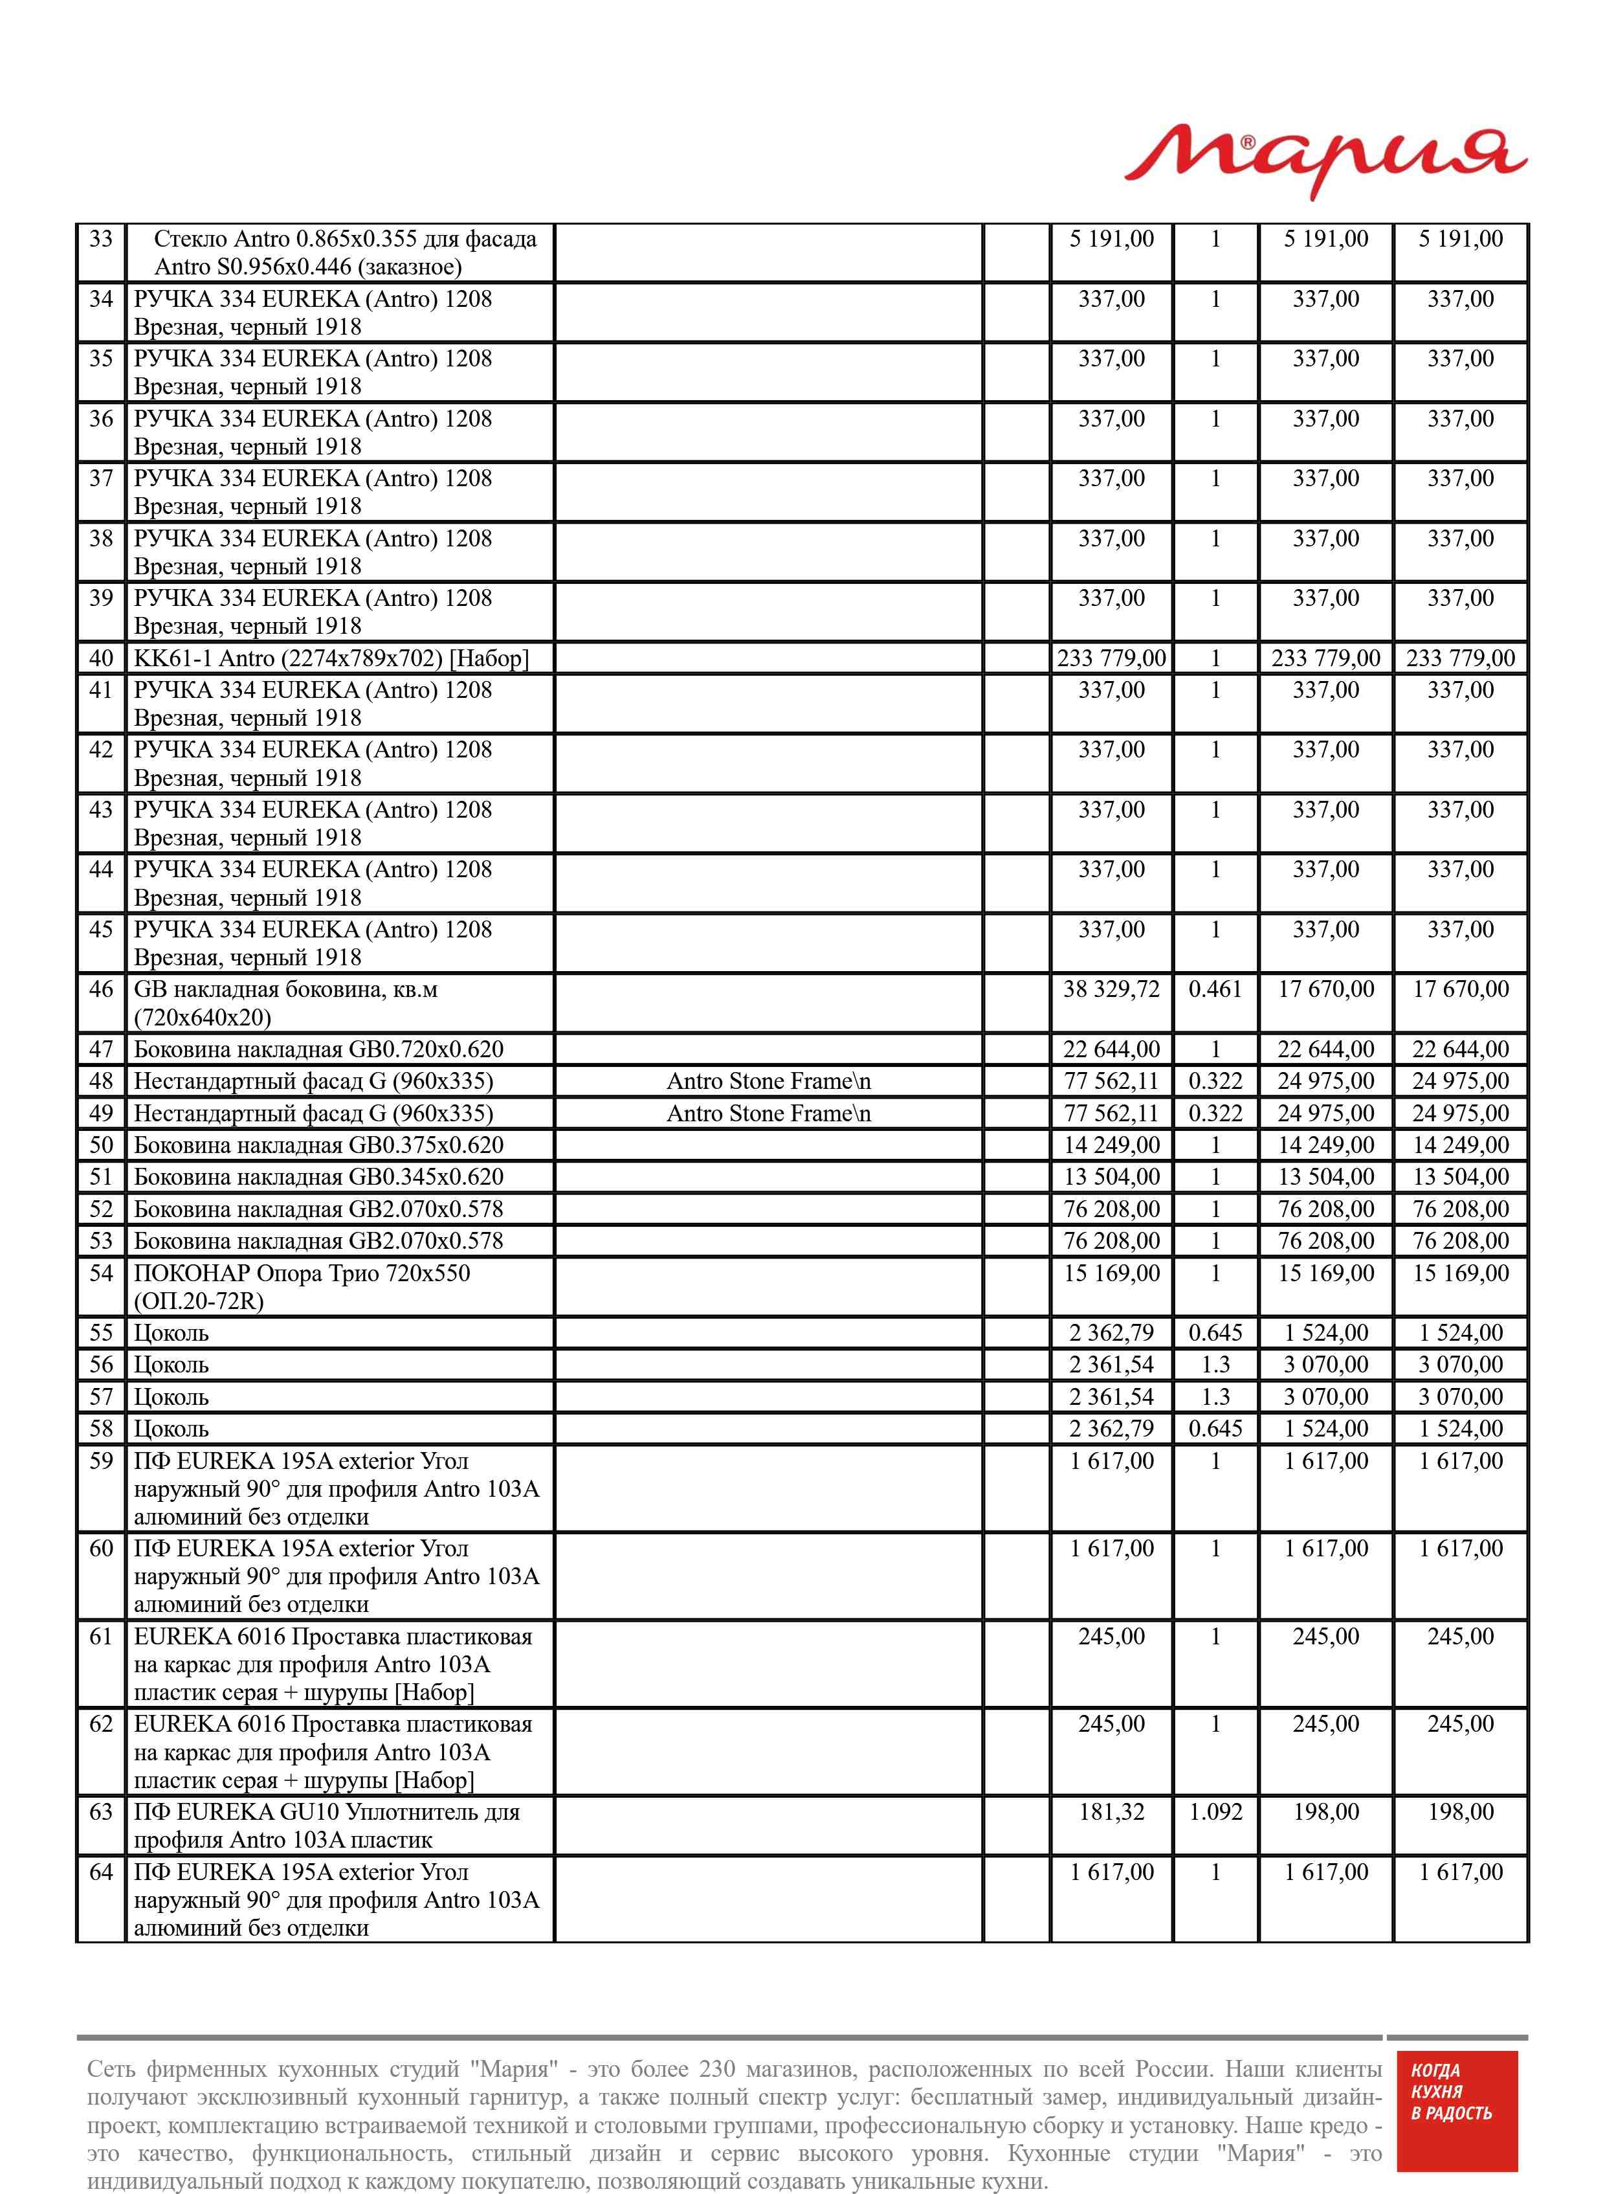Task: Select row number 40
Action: [101, 658]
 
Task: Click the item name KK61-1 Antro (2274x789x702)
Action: [330, 658]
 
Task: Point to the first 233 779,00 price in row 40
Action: [1111, 658]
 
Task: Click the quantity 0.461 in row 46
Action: [1215, 989]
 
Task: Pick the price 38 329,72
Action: [1111, 989]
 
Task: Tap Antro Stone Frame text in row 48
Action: [768, 1081]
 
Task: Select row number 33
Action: [101, 239]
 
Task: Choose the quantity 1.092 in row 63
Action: [1215, 1812]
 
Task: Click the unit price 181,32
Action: [1111, 1812]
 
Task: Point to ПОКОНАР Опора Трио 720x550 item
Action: [301, 1273]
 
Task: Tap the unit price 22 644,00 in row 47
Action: [1111, 1049]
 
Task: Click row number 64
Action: [101, 1872]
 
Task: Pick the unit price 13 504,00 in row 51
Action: [1111, 1177]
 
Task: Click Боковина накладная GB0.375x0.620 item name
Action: [318, 1145]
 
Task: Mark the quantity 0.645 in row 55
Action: [1215, 1333]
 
